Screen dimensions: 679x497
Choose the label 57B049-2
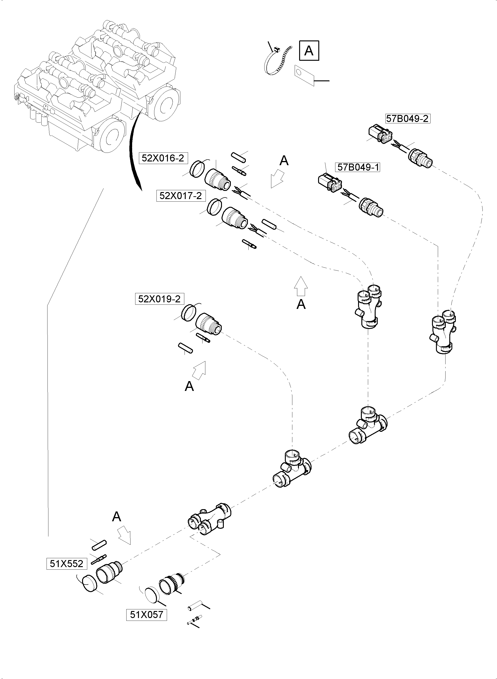point(407,119)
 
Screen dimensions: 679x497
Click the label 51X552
point(66,564)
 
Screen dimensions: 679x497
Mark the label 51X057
point(146,615)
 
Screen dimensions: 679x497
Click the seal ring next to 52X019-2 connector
point(189,313)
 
